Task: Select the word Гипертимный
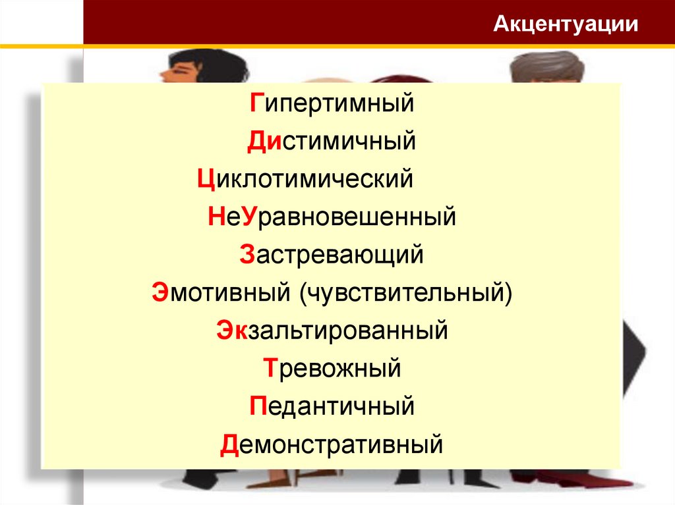click(331, 103)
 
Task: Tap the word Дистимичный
click(331, 141)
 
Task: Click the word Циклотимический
click(305, 178)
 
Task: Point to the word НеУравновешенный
click(332, 217)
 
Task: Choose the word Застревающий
click(331, 254)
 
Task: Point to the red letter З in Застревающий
click(247, 254)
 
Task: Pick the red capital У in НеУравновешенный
click(249, 217)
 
